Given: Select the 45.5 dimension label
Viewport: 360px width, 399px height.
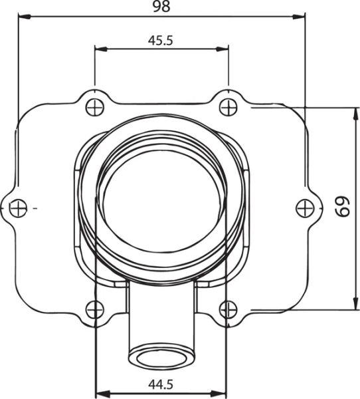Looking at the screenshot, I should click(x=161, y=40).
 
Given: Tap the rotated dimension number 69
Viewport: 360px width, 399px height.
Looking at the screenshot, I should click(x=342, y=207).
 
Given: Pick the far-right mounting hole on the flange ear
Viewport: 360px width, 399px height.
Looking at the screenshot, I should click(x=304, y=207).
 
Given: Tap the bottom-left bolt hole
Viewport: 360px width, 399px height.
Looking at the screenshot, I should click(x=96, y=309).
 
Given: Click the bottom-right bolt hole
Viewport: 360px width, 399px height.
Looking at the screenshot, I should click(x=228, y=309).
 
